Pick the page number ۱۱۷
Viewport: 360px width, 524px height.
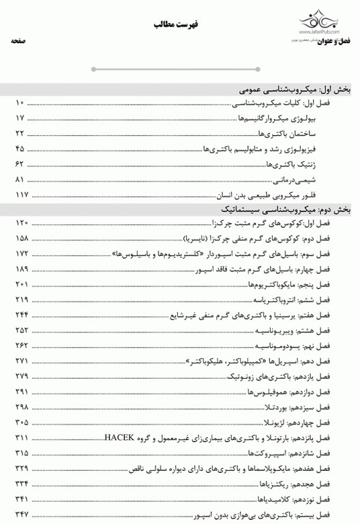point(20,195)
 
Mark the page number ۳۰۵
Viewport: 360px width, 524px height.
point(20,422)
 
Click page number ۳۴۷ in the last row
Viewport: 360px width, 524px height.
point(20,513)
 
